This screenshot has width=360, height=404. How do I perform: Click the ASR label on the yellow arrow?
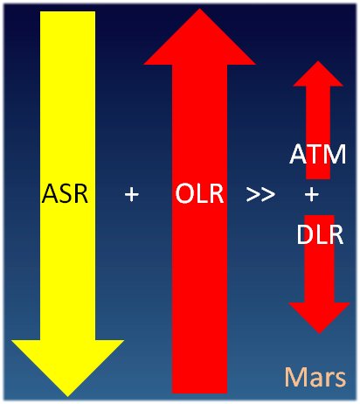65,193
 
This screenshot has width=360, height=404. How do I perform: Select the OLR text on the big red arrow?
199,193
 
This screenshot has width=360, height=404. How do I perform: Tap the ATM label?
318,154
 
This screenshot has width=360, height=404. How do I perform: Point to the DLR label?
320,234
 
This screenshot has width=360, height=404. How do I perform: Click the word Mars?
315,377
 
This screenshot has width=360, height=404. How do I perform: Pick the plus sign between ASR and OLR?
132,194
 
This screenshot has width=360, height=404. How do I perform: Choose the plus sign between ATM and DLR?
312,194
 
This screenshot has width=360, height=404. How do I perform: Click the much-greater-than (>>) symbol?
260,194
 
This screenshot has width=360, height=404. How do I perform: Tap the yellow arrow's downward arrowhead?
67,368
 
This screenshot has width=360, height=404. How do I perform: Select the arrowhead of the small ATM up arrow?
318,73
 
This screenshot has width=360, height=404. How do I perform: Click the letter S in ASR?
66,193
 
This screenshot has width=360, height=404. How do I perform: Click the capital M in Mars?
296,377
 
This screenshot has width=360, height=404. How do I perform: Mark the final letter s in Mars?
341,380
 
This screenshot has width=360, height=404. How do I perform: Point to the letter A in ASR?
50,193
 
